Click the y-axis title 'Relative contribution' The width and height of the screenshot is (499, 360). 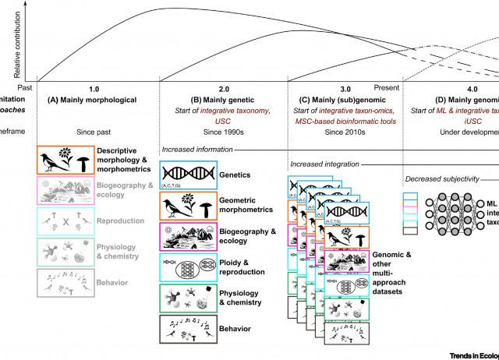(x=16, y=39)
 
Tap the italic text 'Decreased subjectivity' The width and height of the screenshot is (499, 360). (x=443, y=179)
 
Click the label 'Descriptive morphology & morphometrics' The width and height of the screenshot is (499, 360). (x=129, y=161)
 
